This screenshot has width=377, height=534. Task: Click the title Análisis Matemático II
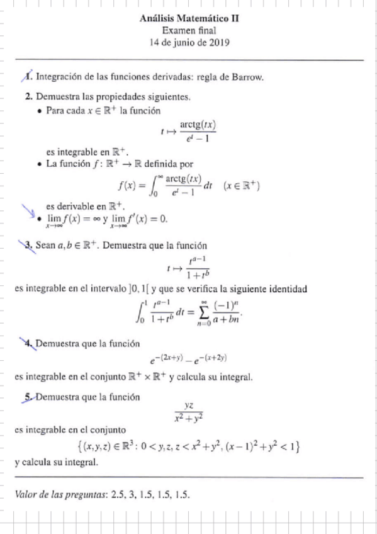191,18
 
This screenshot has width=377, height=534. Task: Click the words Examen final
191,30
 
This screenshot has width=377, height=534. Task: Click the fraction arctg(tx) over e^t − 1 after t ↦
198,132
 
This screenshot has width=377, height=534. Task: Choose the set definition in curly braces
189,447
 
